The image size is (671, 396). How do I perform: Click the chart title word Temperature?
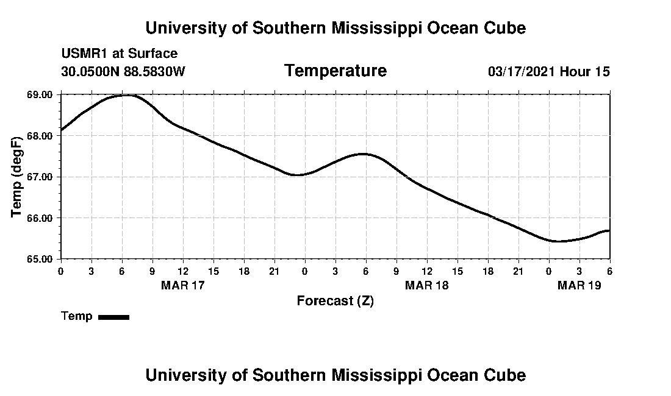(x=335, y=71)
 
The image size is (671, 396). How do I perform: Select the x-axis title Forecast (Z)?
(x=335, y=300)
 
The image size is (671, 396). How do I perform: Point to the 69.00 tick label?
(x=40, y=95)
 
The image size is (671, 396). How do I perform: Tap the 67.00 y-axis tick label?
(x=40, y=177)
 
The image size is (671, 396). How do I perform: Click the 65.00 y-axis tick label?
(x=40, y=259)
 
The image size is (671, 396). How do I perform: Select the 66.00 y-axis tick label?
(x=40, y=218)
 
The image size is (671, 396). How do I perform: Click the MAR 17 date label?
(x=182, y=285)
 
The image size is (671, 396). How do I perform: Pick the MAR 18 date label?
(x=426, y=285)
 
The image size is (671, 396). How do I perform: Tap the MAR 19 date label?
(x=579, y=285)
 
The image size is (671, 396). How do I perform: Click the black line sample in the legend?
(x=113, y=317)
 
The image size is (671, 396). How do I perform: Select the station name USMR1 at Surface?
(x=119, y=54)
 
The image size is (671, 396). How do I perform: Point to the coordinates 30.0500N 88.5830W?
(x=123, y=71)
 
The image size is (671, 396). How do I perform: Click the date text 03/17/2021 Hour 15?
(x=548, y=71)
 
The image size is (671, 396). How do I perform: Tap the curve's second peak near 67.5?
(x=363, y=154)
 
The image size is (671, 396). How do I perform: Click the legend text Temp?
(x=77, y=316)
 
